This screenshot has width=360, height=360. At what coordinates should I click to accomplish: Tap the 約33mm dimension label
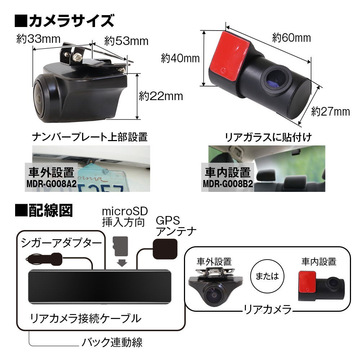pyautogui.click(x=38, y=39)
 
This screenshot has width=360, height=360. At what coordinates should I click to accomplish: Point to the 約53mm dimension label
pyautogui.click(x=126, y=41)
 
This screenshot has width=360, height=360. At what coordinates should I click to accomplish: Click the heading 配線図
pyautogui.click(x=44, y=210)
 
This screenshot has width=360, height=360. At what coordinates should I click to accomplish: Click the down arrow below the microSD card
pyautogui.click(x=122, y=262)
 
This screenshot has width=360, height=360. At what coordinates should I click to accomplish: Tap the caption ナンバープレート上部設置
pyautogui.click(x=90, y=137)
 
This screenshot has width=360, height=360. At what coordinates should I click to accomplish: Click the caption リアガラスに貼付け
pyautogui.click(x=268, y=137)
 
